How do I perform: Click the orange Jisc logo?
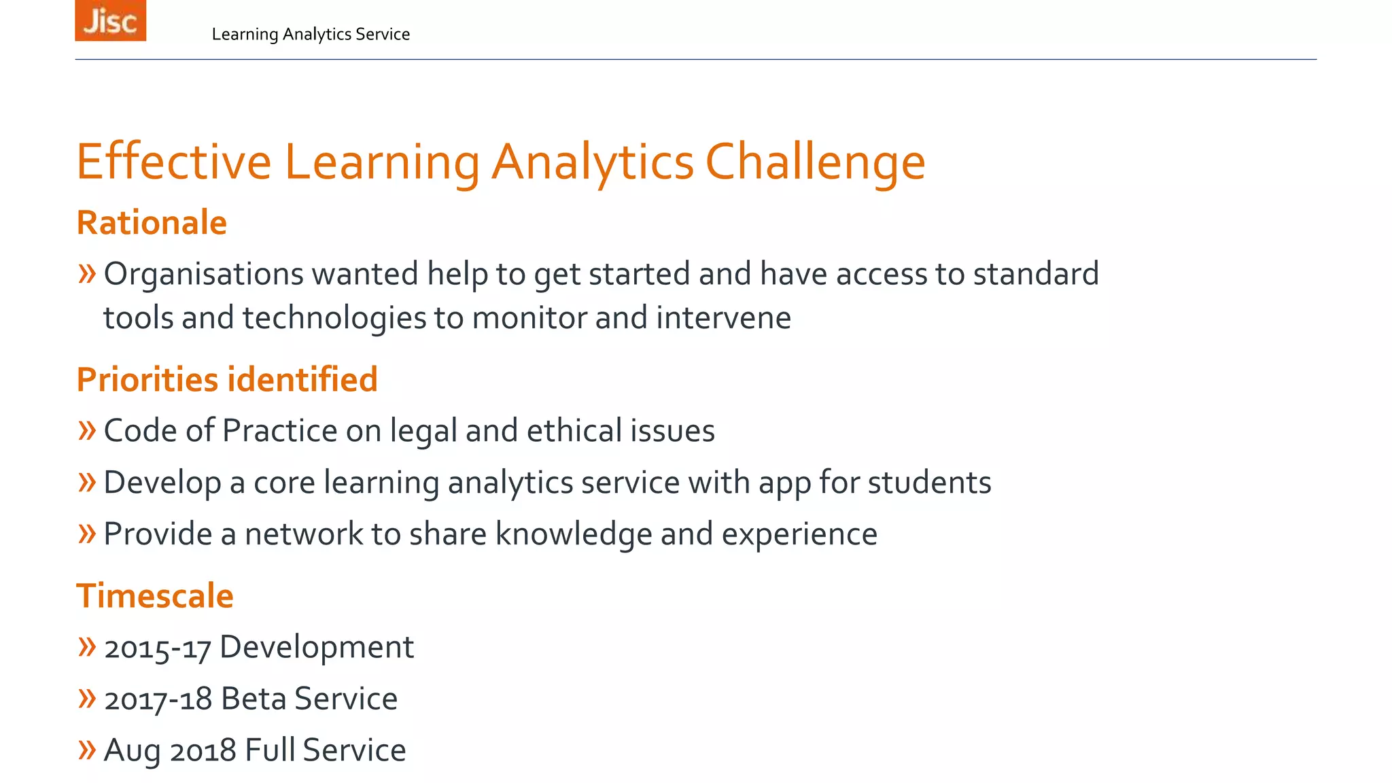110,20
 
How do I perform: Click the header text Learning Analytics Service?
311,34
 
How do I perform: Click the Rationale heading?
152,222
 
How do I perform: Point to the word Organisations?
203,274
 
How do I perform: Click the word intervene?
723,317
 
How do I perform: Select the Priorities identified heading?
227,379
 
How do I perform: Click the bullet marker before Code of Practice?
86,430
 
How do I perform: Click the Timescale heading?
155,595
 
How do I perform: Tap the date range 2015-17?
157,648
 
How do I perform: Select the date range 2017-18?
158,699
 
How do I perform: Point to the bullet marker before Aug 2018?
86,750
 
